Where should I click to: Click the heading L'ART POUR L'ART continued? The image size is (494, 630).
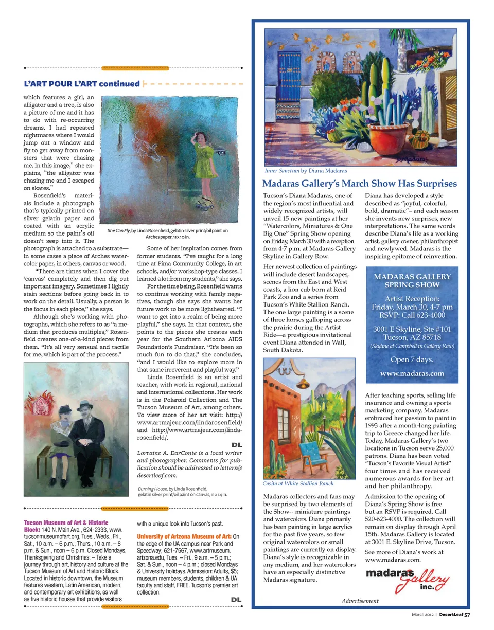click(x=82, y=84)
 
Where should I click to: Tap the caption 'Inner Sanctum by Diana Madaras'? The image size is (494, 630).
click(x=306, y=170)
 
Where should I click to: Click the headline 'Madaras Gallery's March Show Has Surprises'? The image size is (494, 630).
click(x=359, y=184)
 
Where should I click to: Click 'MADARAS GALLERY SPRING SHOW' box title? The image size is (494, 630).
click(x=412, y=281)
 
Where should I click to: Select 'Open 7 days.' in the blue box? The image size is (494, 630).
click(x=412, y=359)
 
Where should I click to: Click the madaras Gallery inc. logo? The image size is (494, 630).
click(x=407, y=578)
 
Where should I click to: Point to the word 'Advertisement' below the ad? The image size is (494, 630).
click(x=360, y=601)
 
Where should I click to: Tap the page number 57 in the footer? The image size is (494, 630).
click(x=467, y=614)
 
